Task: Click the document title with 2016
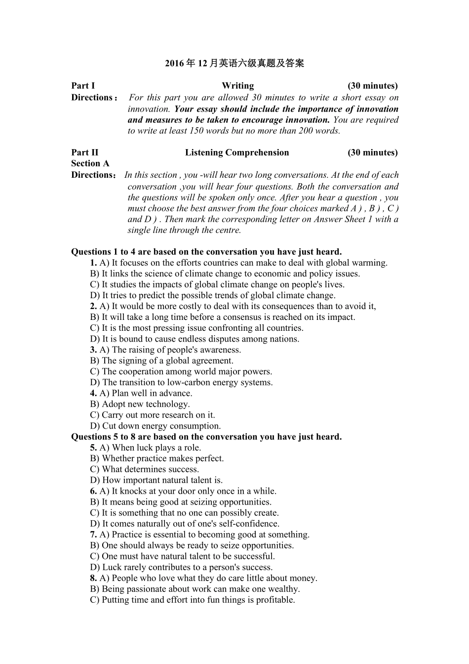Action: click(234, 63)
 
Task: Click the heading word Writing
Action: click(237, 86)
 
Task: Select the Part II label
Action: click(85, 153)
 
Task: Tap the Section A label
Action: click(90, 163)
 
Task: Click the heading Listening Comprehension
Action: click(237, 153)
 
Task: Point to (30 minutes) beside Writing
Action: click(372, 86)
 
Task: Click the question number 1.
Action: click(93, 263)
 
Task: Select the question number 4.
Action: click(93, 393)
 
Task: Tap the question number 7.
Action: click(93, 535)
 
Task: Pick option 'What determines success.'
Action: click(144, 469)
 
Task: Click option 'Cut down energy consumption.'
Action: click(155, 426)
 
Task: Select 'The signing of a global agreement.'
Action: click(161, 361)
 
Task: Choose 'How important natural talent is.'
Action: click(156, 480)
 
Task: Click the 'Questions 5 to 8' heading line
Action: click(206, 437)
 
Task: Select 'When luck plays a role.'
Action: click(150, 448)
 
